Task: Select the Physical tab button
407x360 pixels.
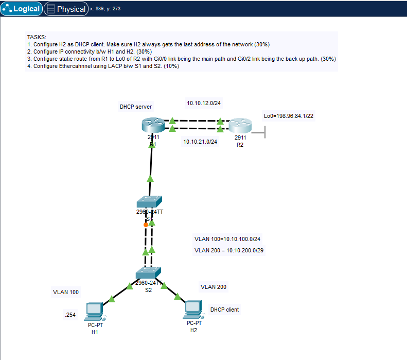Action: coord(66,9)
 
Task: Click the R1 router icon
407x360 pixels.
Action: coord(152,125)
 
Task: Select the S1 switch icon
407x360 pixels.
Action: coord(150,201)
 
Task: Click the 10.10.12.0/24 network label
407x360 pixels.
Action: coord(204,103)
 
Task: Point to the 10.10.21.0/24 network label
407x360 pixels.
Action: coord(200,142)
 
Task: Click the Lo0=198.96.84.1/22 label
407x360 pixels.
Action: coord(288,116)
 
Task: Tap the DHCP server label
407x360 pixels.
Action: coord(136,107)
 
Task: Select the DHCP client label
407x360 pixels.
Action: coord(224,310)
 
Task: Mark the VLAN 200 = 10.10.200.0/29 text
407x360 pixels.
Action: coord(229,250)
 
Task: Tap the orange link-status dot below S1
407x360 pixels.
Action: coord(146,225)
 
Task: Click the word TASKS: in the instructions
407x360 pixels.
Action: coord(37,37)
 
